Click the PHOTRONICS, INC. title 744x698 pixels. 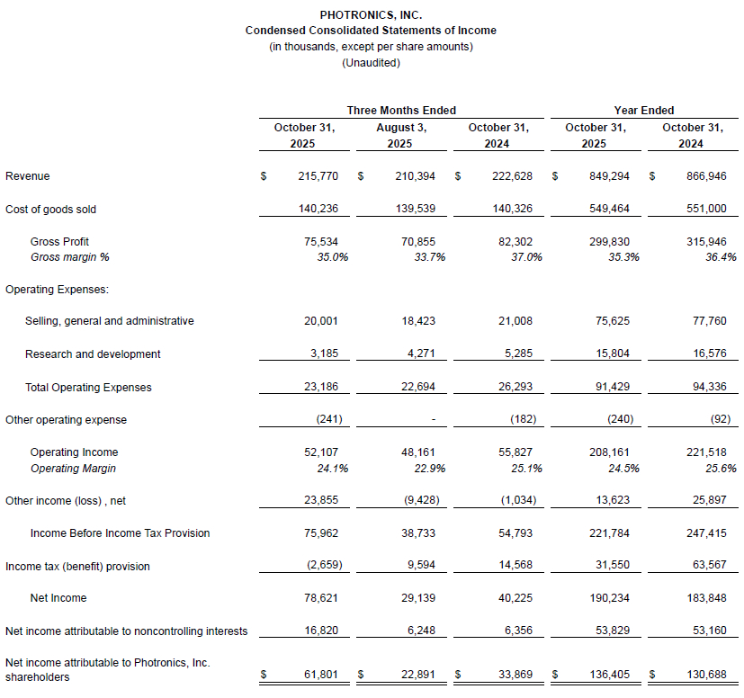(x=371, y=15)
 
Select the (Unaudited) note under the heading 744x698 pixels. (x=371, y=62)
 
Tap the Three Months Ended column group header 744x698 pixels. (x=401, y=110)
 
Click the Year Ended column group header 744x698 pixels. (x=644, y=110)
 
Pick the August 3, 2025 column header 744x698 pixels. (x=401, y=135)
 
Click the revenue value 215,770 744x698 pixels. (x=318, y=176)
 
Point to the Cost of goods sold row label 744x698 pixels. (x=50, y=209)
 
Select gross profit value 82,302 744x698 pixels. (x=512, y=241)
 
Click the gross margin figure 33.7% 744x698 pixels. (x=429, y=257)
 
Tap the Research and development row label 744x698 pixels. (x=93, y=354)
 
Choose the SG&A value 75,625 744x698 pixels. (x=609, y=321)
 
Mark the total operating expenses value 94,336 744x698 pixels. (x=706, y=388)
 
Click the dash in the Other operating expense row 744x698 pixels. (x=434, y=420)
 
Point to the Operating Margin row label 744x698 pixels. (x=73, y=469)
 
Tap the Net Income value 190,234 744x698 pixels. (x=609, y=597)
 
